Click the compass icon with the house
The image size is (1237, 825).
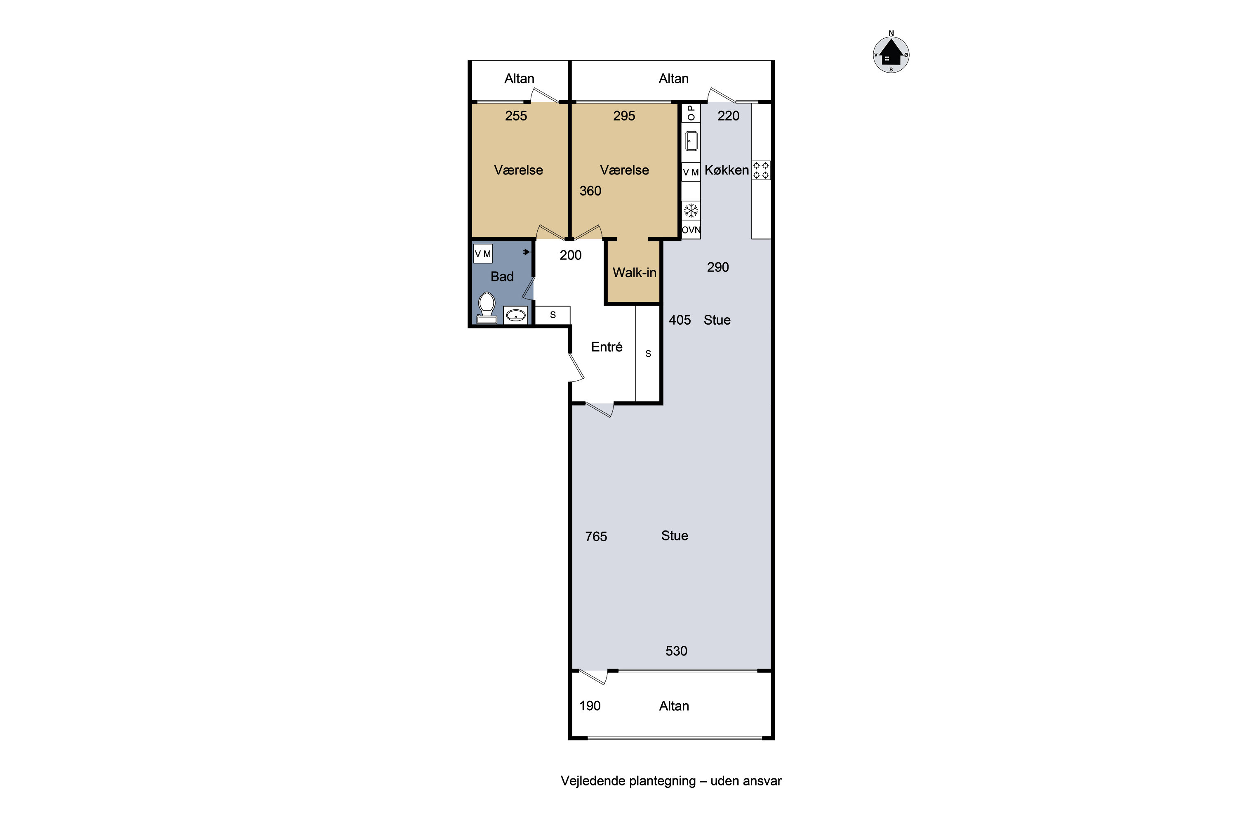point(891,54)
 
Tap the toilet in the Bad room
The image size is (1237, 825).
point(487,308)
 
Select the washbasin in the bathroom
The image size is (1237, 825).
point(515,315)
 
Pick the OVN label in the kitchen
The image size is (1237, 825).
point(691,230)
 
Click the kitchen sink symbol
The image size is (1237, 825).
point(691,141)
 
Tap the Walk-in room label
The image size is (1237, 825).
point(634,273)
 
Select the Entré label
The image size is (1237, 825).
point(607,347)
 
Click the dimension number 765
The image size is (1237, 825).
point(596,537)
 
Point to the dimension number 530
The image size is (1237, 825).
point(676,651)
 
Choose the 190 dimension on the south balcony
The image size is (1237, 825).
point(590,706)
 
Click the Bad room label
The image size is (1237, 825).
point(502,277)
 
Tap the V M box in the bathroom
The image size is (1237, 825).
point(483,254)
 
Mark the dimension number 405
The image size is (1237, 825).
point(680,320)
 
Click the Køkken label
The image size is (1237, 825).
point(726,170)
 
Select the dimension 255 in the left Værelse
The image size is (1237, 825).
point(516,116)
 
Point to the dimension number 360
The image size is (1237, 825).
point(590,191)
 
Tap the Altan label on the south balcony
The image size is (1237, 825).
point(674,706)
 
